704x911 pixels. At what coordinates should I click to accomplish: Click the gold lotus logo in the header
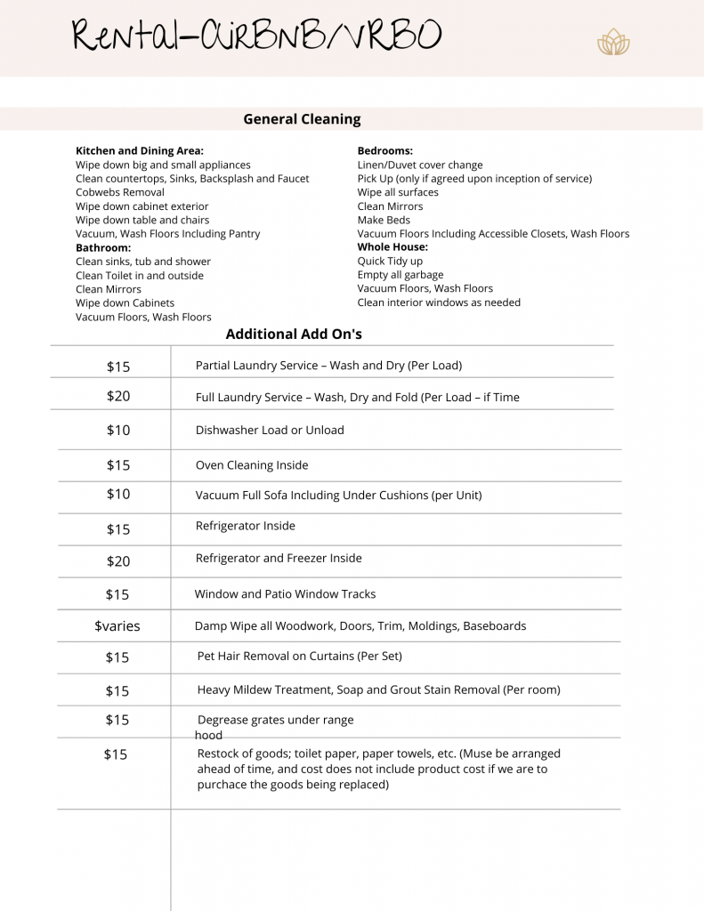pos(613,42)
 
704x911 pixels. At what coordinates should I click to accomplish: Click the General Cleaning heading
pos(302,119)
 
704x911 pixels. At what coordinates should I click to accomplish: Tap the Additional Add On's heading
pos(294,335)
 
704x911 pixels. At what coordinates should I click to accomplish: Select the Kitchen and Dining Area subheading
pos(140,151)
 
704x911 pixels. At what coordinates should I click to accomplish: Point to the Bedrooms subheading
pos(384,151)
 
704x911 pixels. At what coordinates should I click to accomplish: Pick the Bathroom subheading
pos(103,247)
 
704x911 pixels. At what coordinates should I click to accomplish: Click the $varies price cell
pos(117,626)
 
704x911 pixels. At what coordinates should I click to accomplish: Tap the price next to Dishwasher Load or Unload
pos(118,431)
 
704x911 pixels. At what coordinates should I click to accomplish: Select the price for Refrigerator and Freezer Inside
pos(118,561)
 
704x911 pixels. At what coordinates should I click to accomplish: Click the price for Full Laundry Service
pos(118,397)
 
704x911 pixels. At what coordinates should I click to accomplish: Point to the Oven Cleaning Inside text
pos(252,465)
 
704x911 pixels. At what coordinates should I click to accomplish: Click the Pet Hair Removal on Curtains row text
pos(300,657)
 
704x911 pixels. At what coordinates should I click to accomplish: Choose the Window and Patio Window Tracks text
pos(285,594)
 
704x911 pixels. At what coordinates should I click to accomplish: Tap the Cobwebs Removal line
pos(120,192)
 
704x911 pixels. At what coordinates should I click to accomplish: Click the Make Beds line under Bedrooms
pos(384,220)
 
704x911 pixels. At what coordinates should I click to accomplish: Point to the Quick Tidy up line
pos(390,262)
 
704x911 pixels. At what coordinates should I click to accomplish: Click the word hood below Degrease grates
pos(208,736)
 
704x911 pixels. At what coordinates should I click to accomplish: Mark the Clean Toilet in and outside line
pos(140,276)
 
